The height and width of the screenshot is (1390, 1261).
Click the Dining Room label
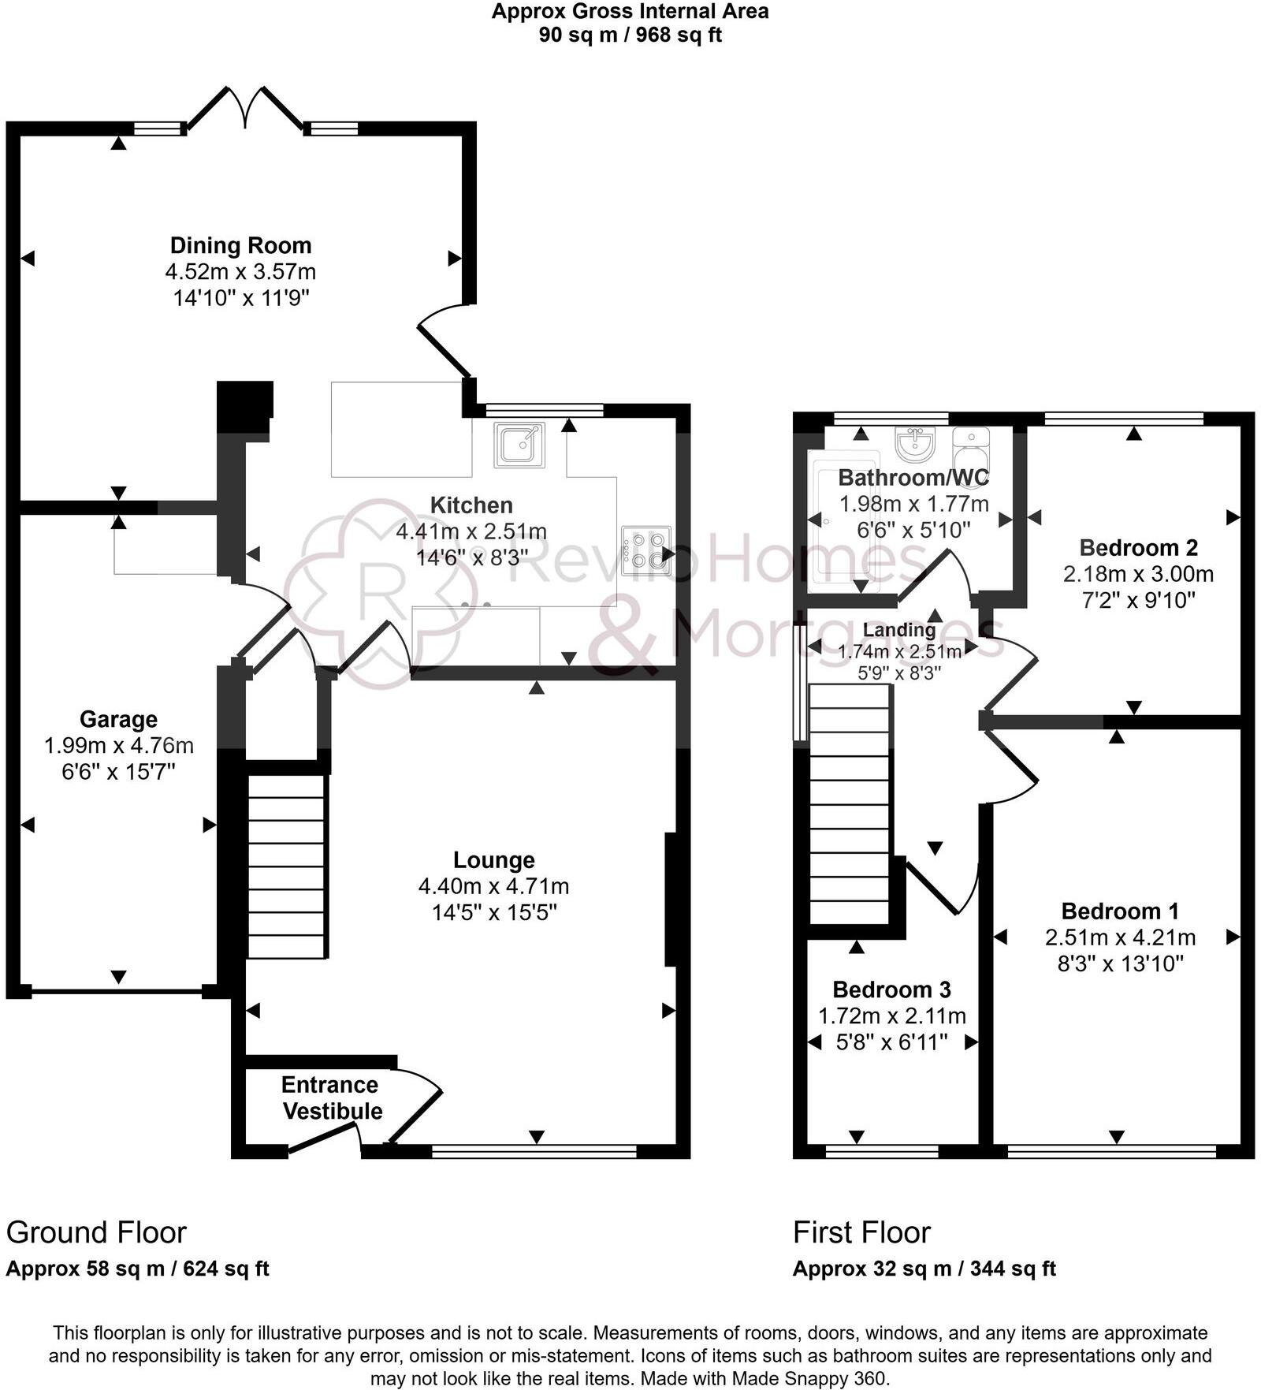(240, 245)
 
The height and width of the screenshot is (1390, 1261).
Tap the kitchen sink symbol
(519, 445)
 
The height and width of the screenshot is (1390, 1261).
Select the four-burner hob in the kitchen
(645, 550)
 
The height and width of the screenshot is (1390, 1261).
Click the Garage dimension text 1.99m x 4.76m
(118, 745)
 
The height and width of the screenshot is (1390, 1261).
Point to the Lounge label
(493, 860)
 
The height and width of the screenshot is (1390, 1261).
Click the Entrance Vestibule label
(332, 1097)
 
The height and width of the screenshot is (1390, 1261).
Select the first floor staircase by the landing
(850, 804)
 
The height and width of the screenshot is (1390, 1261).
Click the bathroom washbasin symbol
(915, 443)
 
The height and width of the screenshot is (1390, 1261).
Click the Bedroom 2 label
(1138, 547)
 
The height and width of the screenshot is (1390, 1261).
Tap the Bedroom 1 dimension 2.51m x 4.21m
(1120, 937)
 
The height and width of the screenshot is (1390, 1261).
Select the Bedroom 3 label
(891, 989)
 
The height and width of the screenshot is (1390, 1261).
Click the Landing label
(898, 630)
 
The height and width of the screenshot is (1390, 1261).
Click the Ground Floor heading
(96, 1232)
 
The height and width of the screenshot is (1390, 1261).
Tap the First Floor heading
(861, 1232)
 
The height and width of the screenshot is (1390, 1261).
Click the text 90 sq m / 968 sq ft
(630, 35)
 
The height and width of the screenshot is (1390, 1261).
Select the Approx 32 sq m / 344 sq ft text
(924, 1269)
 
